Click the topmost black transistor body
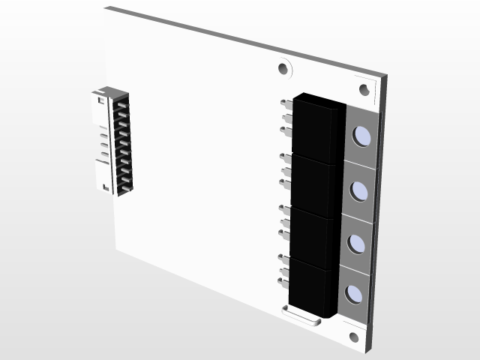(315, 127)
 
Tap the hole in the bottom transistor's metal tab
(354, 293)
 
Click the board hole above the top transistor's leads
(283, 69)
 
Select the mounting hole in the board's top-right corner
(364, 90)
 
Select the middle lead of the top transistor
(286, 117)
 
